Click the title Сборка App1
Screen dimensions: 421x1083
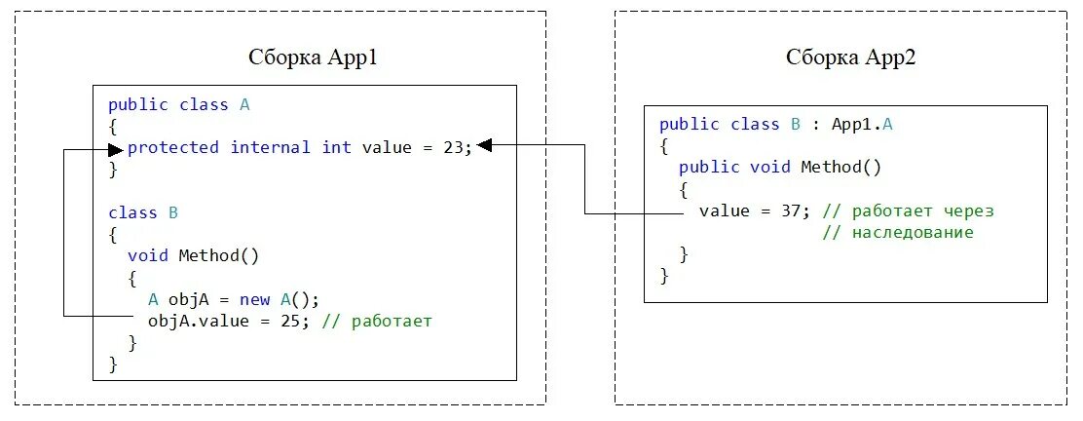[313, 57]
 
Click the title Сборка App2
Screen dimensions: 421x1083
[851, 57]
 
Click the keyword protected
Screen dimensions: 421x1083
[173, 148]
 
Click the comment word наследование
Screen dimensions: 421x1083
[912, 233]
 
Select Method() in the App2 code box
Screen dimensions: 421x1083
[840, 168]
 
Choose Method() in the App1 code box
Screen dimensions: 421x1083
[219, 256]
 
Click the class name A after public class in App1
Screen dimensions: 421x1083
[244, 105]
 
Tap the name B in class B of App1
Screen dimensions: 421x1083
[172, 212]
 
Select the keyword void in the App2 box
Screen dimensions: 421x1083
[770, 168]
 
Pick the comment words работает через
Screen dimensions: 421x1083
[922, 211]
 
